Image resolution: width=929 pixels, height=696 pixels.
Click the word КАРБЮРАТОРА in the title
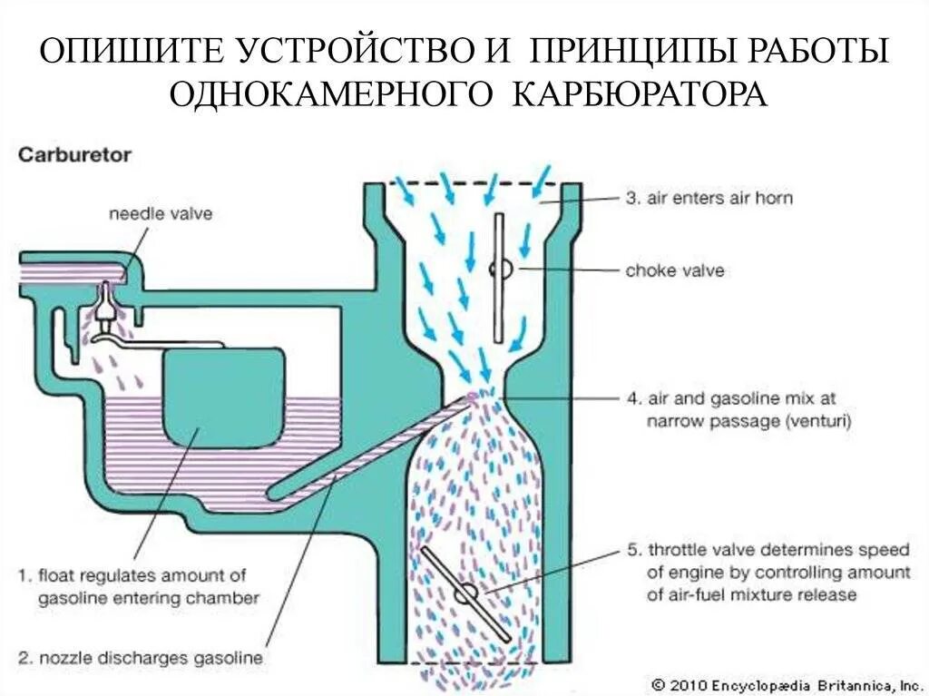[641, 94]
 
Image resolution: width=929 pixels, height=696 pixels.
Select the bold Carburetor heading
[74, 154]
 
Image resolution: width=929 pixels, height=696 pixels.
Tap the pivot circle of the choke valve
[498, 270]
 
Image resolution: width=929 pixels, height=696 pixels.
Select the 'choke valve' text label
[674, 270]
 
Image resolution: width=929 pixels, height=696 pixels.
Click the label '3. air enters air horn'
[708, 198]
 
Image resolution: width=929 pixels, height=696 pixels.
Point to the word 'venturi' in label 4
[818, 421]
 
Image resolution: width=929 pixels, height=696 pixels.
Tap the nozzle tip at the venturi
[474, 395]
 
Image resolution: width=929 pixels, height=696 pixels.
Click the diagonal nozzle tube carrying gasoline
[372, 445]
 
